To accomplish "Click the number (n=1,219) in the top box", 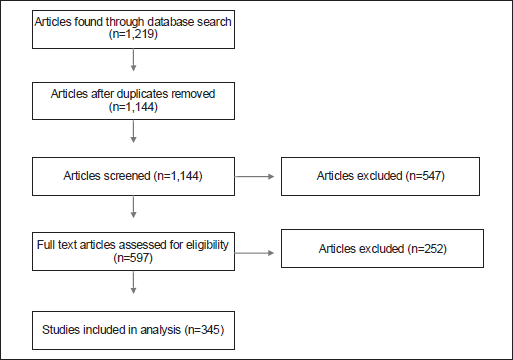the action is [133, 34].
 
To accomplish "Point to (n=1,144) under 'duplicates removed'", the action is [133, 107].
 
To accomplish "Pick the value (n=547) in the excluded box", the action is [425, 176].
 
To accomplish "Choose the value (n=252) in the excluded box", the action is [427, 249].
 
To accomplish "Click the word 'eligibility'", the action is [207, 245].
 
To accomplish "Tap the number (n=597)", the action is [133, 258].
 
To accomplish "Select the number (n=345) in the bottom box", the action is [204, 330].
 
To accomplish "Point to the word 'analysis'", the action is [161, 330].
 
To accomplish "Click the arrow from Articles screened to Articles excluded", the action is [254, 176].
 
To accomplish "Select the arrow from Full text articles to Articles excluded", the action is [254, 253].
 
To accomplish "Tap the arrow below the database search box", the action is [133, 60].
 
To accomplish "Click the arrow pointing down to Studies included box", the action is [133, 282].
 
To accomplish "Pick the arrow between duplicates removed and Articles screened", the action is [133, 131].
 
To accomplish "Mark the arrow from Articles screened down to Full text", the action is [133, 207].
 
